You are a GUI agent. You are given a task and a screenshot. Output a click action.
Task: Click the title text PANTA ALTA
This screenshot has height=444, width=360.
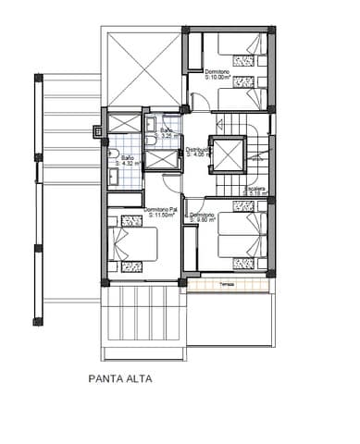click(x=119, y=377)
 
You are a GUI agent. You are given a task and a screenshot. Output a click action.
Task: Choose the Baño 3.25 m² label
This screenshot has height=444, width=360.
click(x=167, y=132)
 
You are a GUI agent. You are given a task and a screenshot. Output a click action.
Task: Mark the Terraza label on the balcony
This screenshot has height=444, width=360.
click(x=227, y=285)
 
